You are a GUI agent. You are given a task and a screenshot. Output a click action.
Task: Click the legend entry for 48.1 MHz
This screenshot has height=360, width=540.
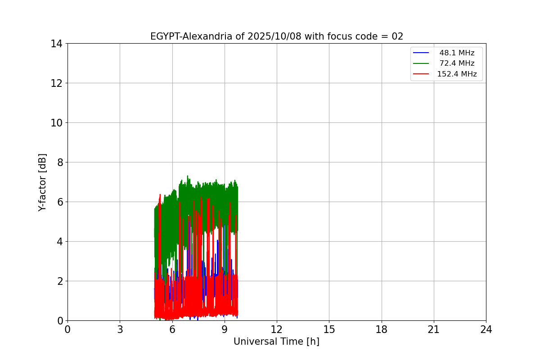coord(457,53)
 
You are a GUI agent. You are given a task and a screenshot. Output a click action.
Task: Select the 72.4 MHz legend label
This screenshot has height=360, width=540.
coord(457,63)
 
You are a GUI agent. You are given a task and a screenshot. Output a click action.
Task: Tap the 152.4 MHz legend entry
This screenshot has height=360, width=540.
coord(457,74)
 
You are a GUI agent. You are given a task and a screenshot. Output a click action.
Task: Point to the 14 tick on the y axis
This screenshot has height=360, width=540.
coord(57,44)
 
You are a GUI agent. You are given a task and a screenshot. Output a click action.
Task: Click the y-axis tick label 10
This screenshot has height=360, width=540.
coord(57,123)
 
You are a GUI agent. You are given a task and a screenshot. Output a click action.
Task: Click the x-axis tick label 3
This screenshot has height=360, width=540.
coord(120,330)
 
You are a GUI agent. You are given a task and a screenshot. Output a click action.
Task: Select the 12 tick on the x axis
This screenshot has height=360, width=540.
coord(277,330)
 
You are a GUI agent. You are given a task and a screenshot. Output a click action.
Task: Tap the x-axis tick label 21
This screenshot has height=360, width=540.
coord(434,330)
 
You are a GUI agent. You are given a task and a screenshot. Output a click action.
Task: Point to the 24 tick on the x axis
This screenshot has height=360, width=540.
coord(486,330)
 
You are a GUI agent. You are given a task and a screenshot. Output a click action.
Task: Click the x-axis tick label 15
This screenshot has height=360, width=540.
coord(329,330)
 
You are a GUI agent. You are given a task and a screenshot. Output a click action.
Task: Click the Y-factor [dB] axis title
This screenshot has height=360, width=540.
coord(42,182)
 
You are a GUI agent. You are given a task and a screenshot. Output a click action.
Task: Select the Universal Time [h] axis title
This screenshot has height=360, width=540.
coord(276,342)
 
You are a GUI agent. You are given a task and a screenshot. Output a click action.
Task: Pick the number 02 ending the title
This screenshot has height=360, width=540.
coord(397,36)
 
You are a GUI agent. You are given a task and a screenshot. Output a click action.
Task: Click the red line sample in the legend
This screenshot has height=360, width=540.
coord(422,74)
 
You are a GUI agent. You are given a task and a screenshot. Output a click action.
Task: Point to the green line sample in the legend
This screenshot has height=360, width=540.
coord(422,63)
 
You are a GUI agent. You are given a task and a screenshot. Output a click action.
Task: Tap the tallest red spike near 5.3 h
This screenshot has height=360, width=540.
coord(160,194)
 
